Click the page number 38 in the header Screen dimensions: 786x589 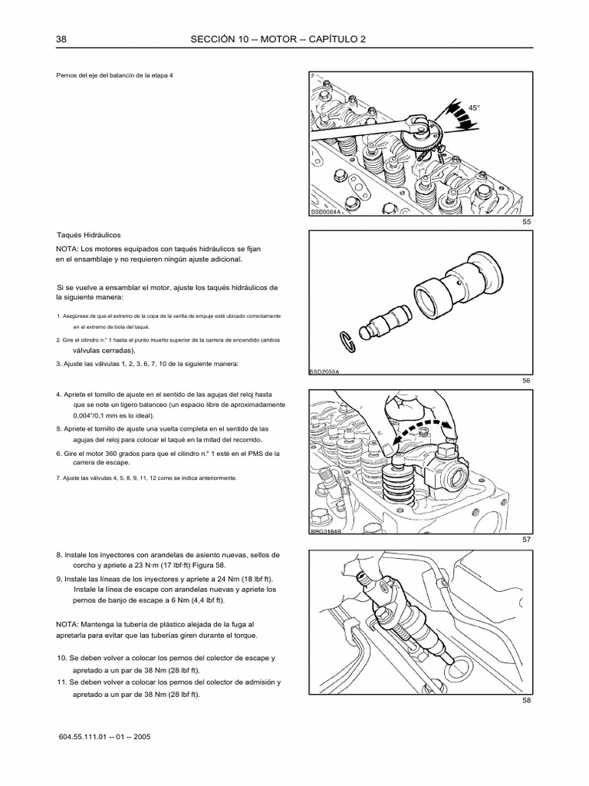(x=61, y=39)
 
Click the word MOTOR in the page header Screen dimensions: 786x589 (x=294, y=39)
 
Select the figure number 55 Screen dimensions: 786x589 (x=526, y=222)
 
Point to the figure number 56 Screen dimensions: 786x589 (x=526, y=380)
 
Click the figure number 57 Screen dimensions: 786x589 (x=526, y=540)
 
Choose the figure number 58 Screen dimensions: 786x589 (x=526, y=700)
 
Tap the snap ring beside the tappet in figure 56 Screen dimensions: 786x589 (x=347, y=337)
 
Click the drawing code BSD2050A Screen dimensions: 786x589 (x=324, y=370)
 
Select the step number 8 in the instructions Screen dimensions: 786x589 (x=59, y=554)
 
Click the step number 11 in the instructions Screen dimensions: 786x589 (x=62, y=682)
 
